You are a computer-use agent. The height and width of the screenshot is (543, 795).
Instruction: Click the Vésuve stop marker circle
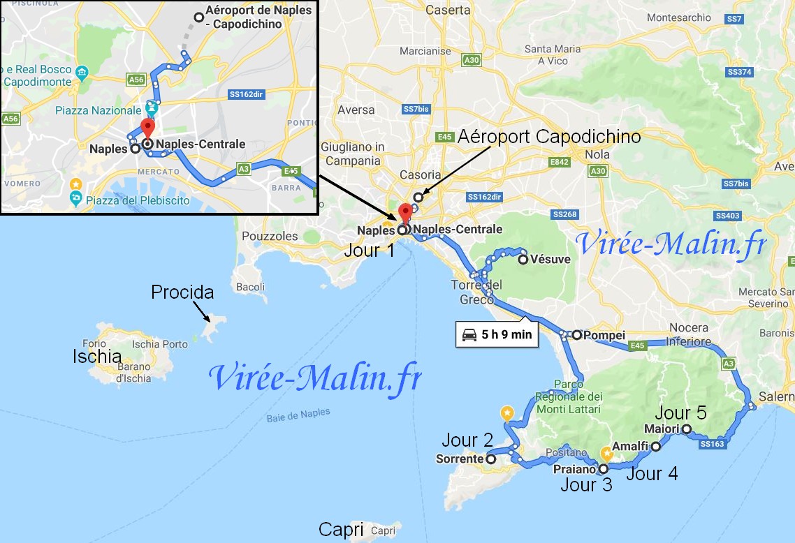click(x=523, y=260)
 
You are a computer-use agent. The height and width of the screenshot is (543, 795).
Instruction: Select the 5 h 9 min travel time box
click(x=497, y=334)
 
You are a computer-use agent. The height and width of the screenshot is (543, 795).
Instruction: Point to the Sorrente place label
click(x=459, y=459)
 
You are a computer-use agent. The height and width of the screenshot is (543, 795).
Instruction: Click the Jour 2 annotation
click(x=467, y=440)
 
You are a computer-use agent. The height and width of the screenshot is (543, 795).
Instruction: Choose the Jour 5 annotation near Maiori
click(x=680, y=412)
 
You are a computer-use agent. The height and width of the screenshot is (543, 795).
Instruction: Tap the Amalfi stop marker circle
click(x=656, y=446)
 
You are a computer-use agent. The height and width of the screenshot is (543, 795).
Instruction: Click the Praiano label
click(x=574, y=470)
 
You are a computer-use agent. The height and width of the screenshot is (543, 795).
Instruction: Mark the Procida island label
click(x=182, y=292)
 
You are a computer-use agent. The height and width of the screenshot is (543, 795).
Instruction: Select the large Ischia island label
click(x=97, y=357)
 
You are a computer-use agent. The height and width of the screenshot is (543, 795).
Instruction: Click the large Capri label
click(x=341, y=530)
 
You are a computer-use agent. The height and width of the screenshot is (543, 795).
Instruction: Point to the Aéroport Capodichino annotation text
click(x=548, y=137)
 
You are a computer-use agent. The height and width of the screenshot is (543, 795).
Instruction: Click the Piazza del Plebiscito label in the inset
click(x=138, y=201)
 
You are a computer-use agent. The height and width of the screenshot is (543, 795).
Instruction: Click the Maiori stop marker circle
click(x=687, y=429)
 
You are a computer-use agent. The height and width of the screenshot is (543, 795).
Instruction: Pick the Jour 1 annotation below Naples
click(x=369, y=250)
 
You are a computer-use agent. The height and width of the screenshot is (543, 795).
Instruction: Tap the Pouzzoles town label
click(x=270, y=236)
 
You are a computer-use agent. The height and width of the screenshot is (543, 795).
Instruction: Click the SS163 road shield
click(x=712, y=443)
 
